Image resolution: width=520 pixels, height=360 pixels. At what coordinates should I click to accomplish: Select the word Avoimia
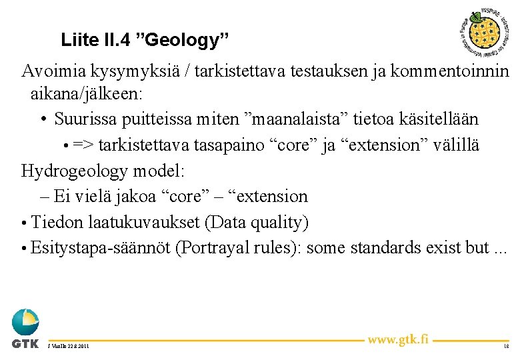[51, 71]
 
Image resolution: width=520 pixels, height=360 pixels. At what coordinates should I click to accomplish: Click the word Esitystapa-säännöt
[100, 247]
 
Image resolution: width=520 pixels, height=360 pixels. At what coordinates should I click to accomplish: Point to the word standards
[411, 247]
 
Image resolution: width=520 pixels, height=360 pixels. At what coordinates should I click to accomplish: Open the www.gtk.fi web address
[397, 339]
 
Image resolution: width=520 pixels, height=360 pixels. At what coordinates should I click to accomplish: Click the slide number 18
[506, 347]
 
